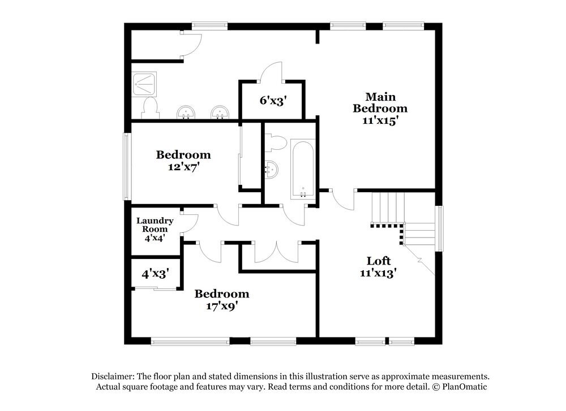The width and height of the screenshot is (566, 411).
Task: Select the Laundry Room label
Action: [x=155, y=224]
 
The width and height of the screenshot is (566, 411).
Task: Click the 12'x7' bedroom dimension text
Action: [x=183, y=167]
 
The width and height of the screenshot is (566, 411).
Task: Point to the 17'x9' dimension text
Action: [x=222, y=306]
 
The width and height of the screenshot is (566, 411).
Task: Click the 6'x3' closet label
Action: [x=273, y=101]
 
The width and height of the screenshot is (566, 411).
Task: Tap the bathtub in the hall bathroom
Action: [x=303, y=169]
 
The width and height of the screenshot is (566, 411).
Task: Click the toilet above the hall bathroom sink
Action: [x=276, y=142]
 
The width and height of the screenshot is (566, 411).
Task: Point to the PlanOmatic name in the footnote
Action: [x=464, y=387]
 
